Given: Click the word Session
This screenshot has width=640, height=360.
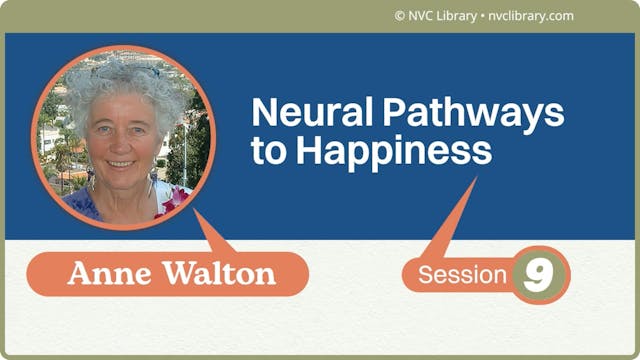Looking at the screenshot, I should coord(463,275).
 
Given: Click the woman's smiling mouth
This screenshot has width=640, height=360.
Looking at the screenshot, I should coord(120,161).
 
